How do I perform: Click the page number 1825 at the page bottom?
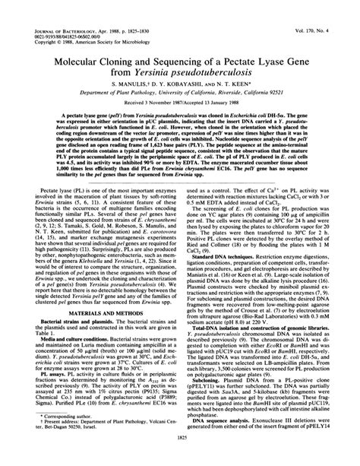coord(180,458)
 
